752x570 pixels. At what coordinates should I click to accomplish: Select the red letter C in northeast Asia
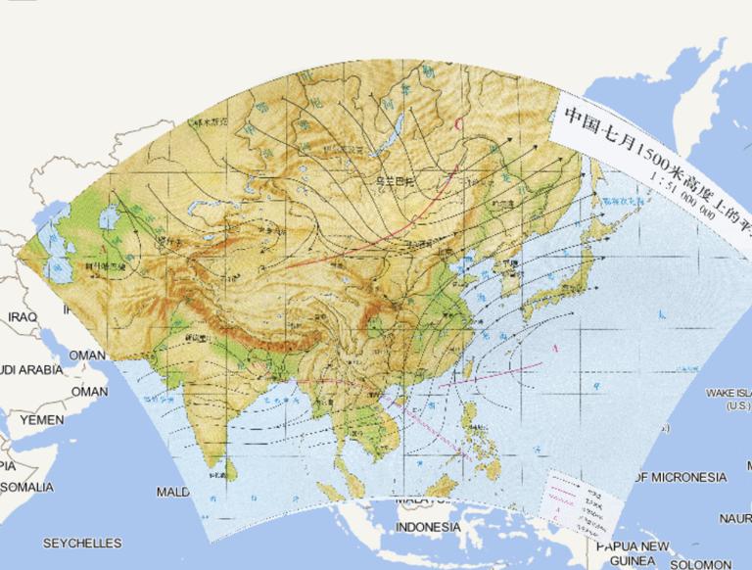pyautogui.click(x=459, y=123)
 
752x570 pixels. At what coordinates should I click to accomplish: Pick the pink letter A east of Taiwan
pyautogui.click(x=555, y=348)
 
